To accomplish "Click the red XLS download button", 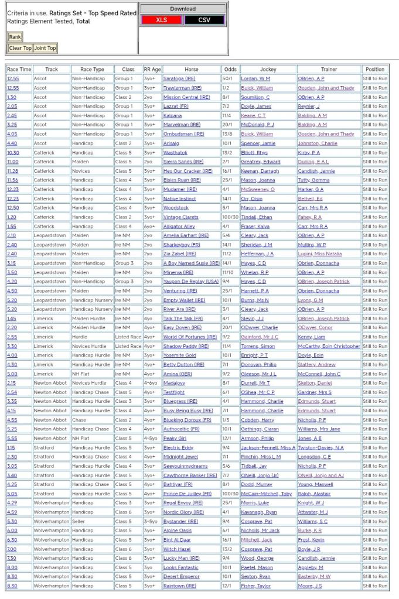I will click(x=161, y=20).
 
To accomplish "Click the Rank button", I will click(x=15, y=37).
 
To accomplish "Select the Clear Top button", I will click(x=20, y=48).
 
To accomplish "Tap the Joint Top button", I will click(x=45, y=48).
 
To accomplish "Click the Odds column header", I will click(x=230, y=69).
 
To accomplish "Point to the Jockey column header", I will click(x=268, y=69).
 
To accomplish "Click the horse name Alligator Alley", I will click(x=179, y=226).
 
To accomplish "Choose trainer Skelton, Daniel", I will click(x=317, y=383).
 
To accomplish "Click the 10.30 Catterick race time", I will click(x=13, y=152).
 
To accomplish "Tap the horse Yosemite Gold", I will click(x=180, y=355).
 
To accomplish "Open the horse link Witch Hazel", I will click(x=177, y=549).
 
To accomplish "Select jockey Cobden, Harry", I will click(x=257, y=420).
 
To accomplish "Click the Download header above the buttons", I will click(x=183, y=9).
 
